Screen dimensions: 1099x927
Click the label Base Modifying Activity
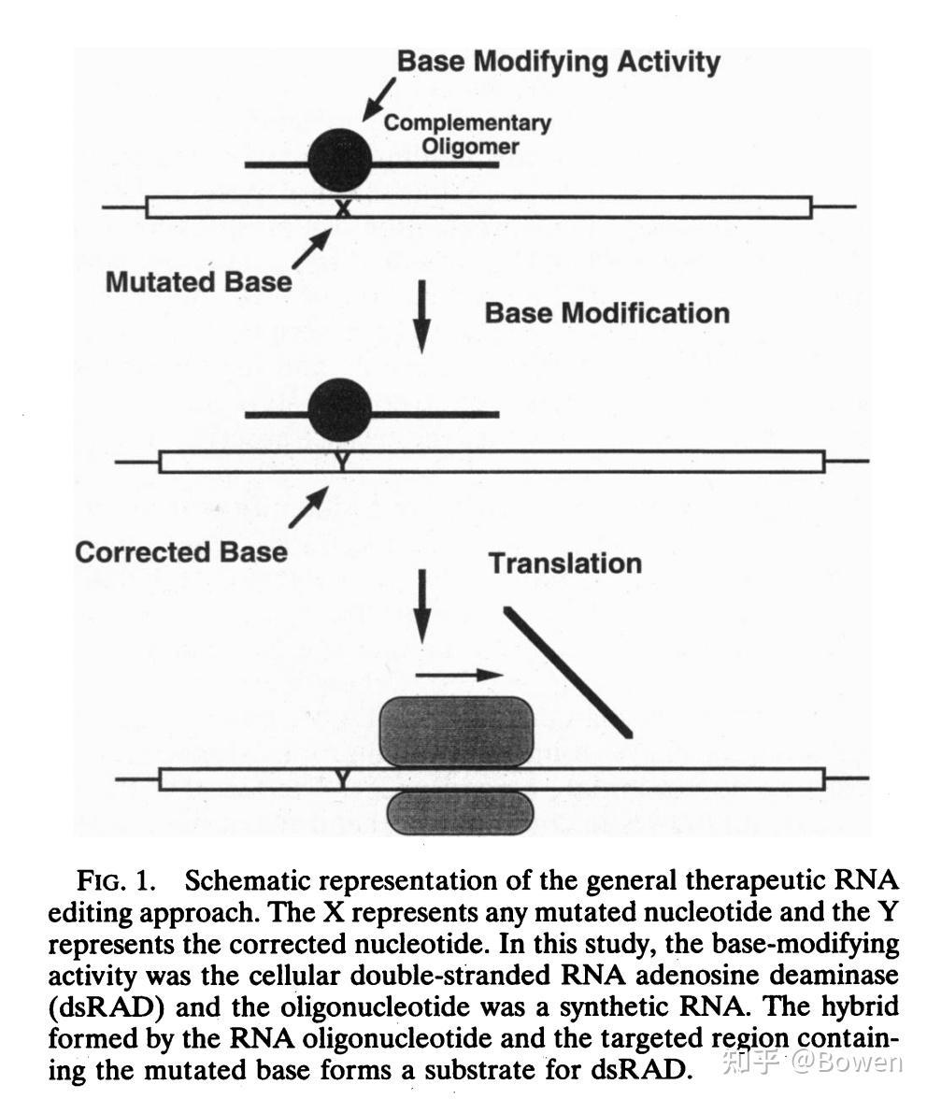[x=559, y=63]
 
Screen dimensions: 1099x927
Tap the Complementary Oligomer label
[x=467, y=134]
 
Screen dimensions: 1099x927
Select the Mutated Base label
[x=198, y=281]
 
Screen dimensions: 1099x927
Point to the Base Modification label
[x=606, y=312]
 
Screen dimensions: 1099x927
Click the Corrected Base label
[x=181, y=551]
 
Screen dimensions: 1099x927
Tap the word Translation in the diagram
[x=565, y=563]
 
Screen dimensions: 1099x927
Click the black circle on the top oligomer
[x=340, y=160]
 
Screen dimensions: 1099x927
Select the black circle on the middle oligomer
[x=339, y=409]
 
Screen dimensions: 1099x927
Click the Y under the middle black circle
[x=341, y=461]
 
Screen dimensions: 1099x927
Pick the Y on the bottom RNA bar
[x=342, y=778]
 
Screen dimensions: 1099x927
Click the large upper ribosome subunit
[x=455, y=730]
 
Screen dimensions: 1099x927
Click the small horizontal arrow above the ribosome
[x=458, y=672]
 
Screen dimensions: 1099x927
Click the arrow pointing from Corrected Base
[x=308, y=506]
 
